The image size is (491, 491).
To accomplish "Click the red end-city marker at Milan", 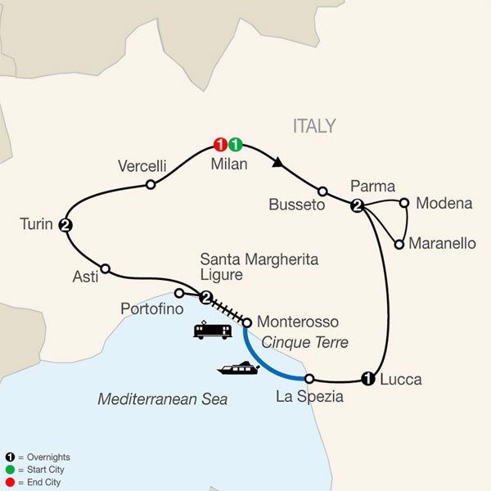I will click(219, 145).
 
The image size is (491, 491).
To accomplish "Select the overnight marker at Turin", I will click(65, 225).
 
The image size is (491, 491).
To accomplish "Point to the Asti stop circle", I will click(105, 268).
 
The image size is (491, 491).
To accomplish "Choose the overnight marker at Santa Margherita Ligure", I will click(206, 297).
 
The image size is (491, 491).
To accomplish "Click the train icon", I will click(210, 331).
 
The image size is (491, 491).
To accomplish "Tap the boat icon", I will click(238, 369).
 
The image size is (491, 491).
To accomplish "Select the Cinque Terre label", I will click(305, 343).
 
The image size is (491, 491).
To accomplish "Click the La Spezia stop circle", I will click(309, 378).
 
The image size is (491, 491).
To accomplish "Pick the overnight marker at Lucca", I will click(368, 378).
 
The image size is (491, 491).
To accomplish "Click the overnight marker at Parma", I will click(357, 206).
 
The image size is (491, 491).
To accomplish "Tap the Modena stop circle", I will click(403, 201).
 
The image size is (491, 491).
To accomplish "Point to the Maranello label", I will click(441, 244).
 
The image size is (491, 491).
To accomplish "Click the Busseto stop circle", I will click(322, 191).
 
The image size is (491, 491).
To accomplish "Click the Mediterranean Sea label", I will click(162, 399).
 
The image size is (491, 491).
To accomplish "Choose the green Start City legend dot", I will click(9, 470).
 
